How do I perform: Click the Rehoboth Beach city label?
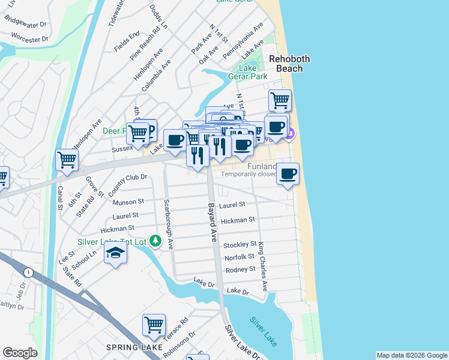click(285, 64)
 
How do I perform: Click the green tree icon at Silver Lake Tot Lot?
click(156, 241)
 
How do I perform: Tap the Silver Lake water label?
click(264, 331)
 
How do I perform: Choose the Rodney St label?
click(240, 269)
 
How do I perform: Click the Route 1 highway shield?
click(28, 272)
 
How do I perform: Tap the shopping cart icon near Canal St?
click(67, 160)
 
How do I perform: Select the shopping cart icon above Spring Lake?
click(154, 325)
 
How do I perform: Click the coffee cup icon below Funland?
click(288, 174)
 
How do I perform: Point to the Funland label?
click(262, 166)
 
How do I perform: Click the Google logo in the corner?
click(20, 352)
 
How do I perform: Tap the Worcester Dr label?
click(30, 39)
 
